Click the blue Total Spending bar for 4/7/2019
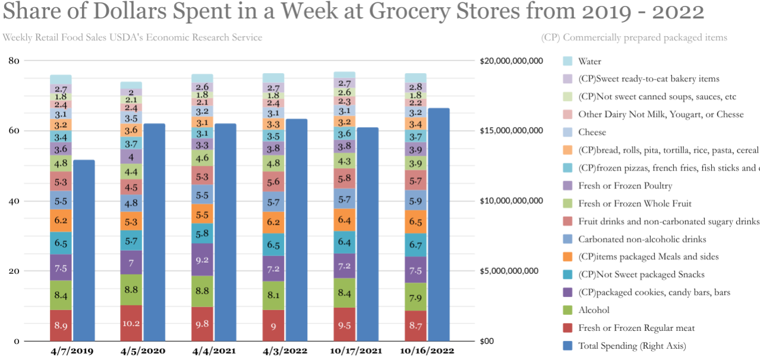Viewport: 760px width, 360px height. click(x=84, y=250)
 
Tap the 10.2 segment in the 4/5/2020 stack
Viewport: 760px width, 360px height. click(x=131, y=323)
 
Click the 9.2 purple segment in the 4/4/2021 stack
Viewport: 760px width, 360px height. click(x=202, y=260)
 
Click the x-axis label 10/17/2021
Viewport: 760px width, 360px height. click(x=355, y=350)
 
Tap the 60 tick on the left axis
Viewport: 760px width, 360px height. click(x=14, y=131)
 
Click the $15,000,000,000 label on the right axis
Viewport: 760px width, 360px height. click(x=511, y=131)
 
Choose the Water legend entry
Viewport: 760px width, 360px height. click(x=589, y=61)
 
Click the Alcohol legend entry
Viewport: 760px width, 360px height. click(x=594, y=310)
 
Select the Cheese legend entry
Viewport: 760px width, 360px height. click(x=592, y=132)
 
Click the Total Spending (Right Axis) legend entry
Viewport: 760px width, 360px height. click(x=632, y=346)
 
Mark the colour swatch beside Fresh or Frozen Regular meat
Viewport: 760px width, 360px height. click(x=567, y=328)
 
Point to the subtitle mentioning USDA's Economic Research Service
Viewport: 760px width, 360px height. click(x=132, y=37)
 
